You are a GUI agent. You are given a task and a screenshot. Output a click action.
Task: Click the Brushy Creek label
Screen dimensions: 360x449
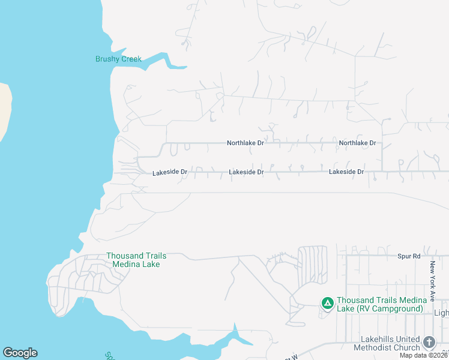pyautogui.click(x=118, y=59)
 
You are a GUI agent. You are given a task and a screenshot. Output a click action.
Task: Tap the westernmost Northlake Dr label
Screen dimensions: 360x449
pyautogui.click(x=245, y=143)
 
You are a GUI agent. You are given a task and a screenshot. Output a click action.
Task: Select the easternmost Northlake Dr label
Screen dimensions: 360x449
pyautogui.click(x=357, y=143)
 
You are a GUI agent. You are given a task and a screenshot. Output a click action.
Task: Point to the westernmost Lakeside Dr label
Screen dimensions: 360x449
pyautogui.click(x=170, y=172)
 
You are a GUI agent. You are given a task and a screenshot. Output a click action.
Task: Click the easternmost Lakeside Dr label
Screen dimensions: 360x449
pyautogui.click(x=346, y=172)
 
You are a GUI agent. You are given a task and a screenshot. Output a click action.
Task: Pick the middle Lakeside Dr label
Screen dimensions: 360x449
pyautogui.click(x=246, y=172)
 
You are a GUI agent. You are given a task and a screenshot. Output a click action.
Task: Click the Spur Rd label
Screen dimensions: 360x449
pyautogui.click(x=409, y=256)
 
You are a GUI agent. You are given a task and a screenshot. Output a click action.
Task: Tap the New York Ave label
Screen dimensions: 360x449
pyautogui.click(x=431, y=277)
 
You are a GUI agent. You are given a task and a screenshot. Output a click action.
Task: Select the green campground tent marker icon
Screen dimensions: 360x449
pyautogui.click(x=327, y=304)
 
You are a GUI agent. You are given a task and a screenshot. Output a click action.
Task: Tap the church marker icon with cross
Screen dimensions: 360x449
pyautogui.click(x=429, y=342)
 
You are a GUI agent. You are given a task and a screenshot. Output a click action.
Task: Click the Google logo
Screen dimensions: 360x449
pyautogui.click(x=20, y=353)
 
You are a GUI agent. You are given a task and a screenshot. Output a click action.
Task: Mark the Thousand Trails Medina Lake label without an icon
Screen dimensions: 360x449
pyautogui.click(x=136, y=260)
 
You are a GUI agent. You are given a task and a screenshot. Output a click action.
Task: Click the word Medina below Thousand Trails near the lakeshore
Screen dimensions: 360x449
pyautogui.click(x=125, y=264)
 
